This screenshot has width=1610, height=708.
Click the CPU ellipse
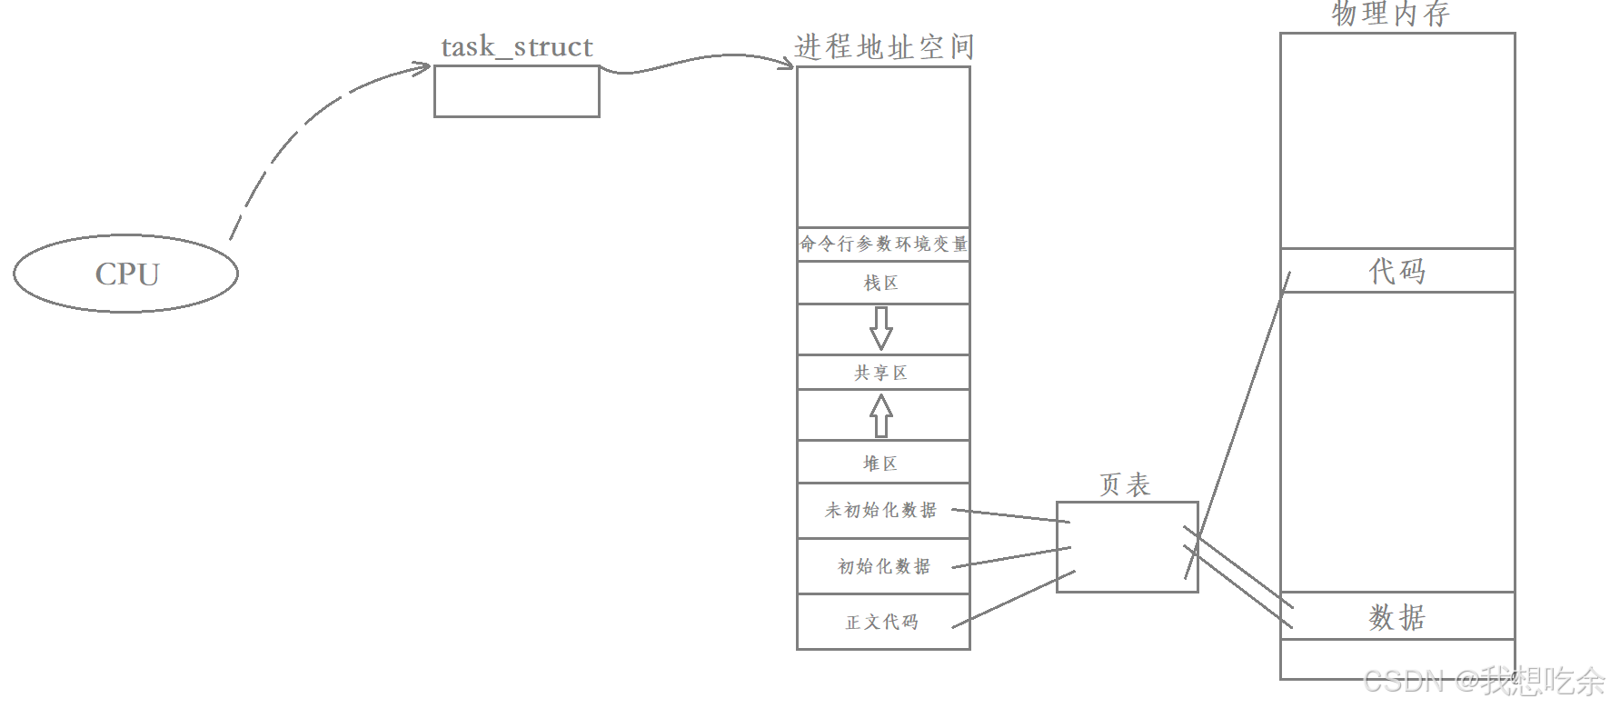[x=126, y=274]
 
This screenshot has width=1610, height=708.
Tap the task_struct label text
[x=516, y=47]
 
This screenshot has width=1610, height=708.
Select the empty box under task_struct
[x=516, y=92]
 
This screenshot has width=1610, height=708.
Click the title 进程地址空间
[x=883, y=47]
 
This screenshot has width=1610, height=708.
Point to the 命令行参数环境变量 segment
[x=883, y=244]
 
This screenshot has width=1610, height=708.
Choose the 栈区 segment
[x=881, y=283]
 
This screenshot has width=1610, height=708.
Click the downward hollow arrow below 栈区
[x=880, y=328]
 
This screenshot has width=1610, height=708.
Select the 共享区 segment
[x=881, y=373]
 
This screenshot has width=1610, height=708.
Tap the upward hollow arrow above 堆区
[x=880, y=415]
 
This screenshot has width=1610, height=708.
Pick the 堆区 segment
[x=880, y=464]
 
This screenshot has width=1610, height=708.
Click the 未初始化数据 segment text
[x=880, y=511]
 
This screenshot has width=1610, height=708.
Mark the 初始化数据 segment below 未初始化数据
[x=883, y=566]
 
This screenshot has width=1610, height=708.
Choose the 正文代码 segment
[x=882, y=623]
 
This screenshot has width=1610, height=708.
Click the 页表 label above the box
[x=1125, y=484]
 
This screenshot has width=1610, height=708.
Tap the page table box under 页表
[x=1127, y=547]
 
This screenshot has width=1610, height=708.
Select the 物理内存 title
[x=1390, y=15]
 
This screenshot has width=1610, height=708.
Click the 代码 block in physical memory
[x=1397, y=271]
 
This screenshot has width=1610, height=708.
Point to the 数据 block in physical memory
[x=1397, y=617]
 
